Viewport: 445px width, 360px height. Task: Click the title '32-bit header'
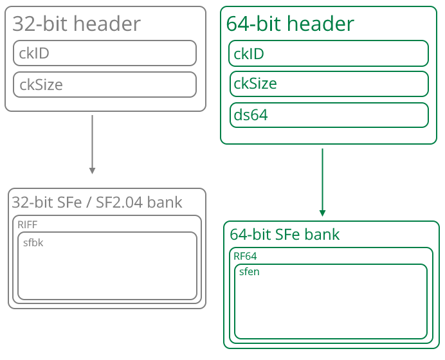76,24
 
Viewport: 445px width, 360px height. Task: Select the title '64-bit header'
289,24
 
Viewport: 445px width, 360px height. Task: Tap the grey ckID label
34,53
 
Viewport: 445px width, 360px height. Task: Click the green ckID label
248,53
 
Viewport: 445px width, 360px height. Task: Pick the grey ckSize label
41,84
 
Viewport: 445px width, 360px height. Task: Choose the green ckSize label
255,84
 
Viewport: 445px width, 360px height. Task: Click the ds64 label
250,115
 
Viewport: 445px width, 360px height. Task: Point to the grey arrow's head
92,170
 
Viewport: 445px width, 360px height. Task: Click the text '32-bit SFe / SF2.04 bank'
96,203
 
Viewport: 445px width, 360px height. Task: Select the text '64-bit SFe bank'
284,235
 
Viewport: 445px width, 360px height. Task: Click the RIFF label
28,224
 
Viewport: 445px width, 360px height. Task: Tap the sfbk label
33,243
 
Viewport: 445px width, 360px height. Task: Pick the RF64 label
245,256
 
